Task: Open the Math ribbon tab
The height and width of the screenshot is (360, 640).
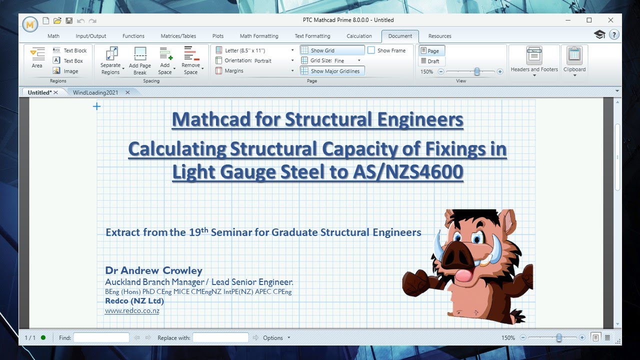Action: tap(53, 36)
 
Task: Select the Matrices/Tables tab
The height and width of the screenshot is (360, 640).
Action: tap(178, 36)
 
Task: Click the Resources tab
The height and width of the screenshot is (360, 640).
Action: tap(439, 36)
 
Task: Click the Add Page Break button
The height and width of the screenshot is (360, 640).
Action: tap(140, 61)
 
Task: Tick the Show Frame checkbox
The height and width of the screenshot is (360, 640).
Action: tap(371, 50)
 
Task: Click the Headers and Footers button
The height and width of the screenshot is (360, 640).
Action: tap(534, 61)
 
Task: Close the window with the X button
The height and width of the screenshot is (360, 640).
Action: tap(610, 20)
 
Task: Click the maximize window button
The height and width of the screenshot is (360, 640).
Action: tap(589, 20)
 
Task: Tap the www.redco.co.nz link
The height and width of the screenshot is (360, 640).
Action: tap(132, 311)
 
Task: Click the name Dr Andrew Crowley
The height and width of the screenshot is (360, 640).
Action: tap(153, 270)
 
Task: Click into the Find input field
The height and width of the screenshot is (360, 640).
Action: tap(101, 338)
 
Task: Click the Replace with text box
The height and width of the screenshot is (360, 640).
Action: tap(220, 338)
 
